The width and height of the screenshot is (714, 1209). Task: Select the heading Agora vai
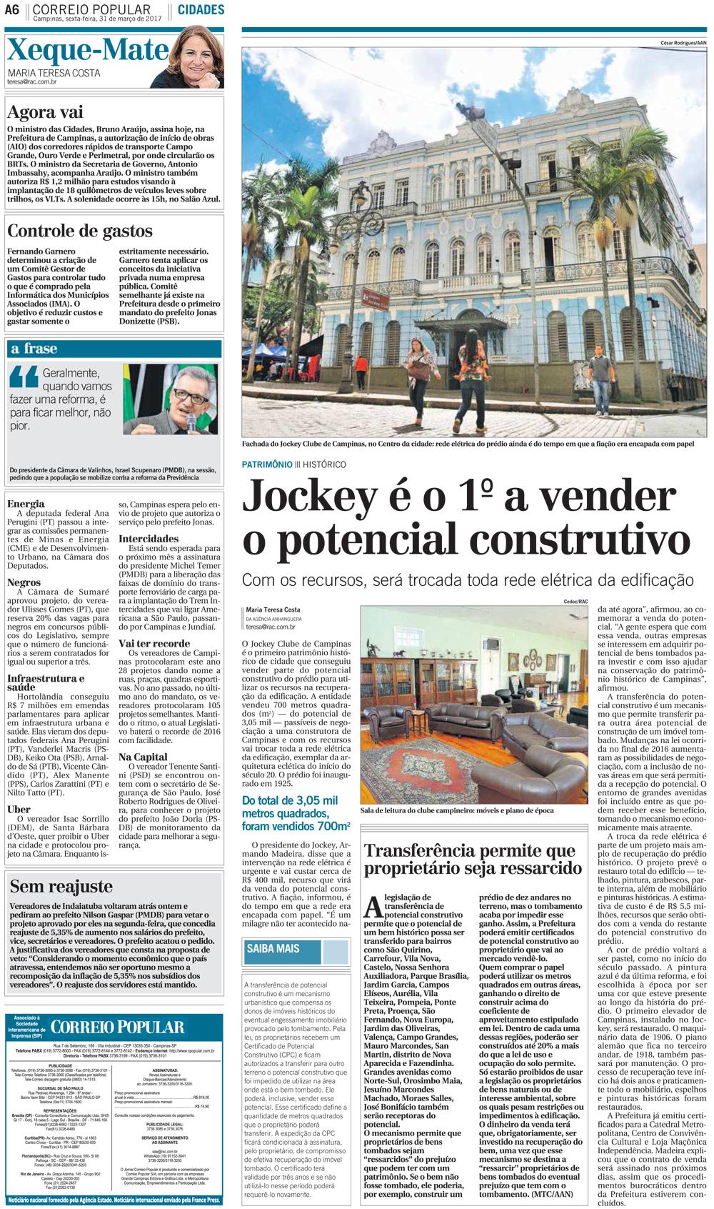[44, 112]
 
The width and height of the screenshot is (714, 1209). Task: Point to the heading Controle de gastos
[79, 231]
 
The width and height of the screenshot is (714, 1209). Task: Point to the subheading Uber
[19, 810]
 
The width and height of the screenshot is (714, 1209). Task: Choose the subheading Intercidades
[149, 539]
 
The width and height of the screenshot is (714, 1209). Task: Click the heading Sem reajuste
[61, 887]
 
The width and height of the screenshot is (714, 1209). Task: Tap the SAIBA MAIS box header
[273, 950]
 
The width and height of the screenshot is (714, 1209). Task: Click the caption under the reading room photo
[458, 811]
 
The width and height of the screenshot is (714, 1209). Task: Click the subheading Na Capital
[143, 757]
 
